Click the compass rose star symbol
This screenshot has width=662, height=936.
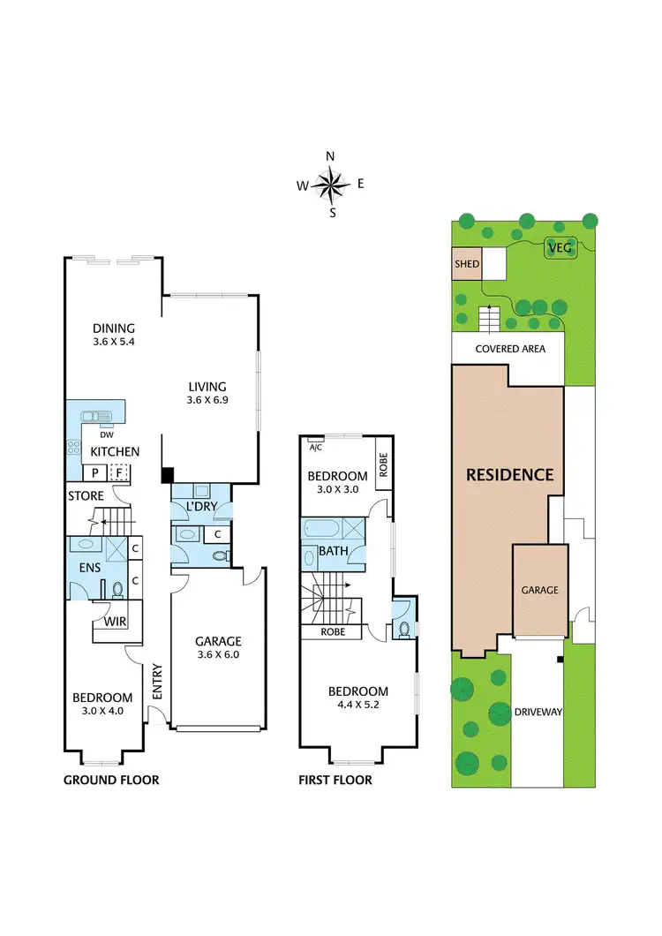[331, 185]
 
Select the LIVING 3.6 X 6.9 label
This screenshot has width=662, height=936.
[207, 393]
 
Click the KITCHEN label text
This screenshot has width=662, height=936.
[115, 452]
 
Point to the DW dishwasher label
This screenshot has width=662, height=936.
[105, 434]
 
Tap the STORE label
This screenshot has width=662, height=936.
[86, 496]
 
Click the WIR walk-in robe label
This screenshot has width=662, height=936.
[116, 622]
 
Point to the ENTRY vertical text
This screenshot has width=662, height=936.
[157, 682]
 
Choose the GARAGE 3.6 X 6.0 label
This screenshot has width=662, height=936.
[218, 648]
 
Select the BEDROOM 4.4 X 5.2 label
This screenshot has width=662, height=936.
[357, 698]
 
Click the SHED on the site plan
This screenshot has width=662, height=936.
[466, 264]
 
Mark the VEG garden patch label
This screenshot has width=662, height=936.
[560, 248]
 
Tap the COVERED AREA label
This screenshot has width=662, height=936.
[510, 349]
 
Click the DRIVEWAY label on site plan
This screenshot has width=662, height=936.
[538, 711]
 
